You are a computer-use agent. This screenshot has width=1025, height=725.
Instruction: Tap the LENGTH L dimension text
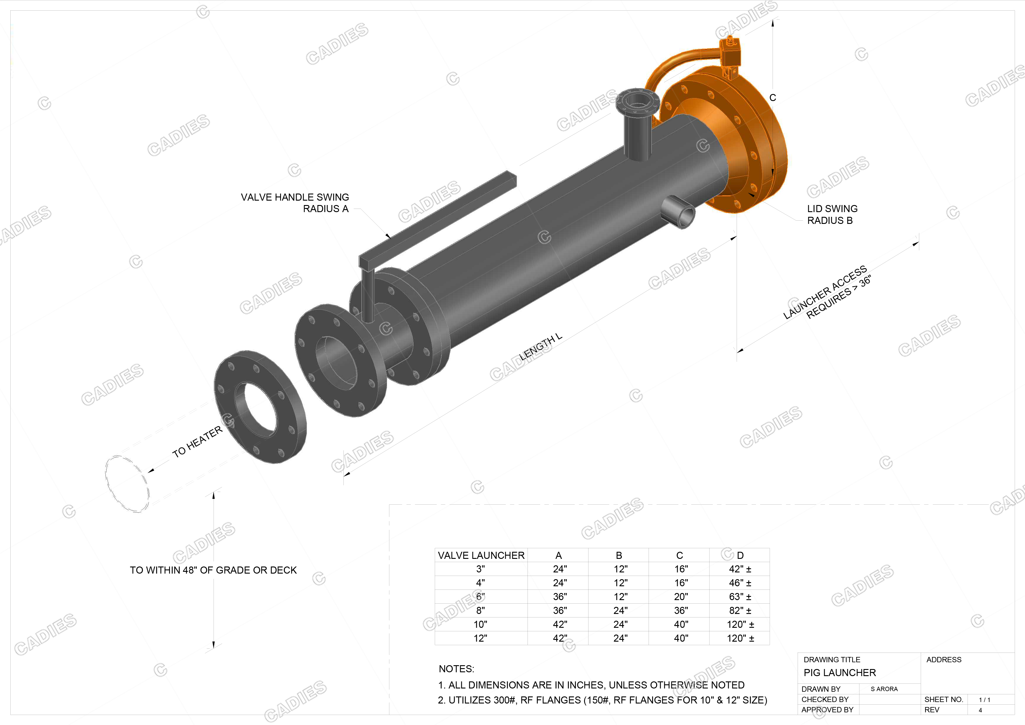[x=540, y=347]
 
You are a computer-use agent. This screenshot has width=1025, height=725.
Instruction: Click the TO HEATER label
[x=197, y=442]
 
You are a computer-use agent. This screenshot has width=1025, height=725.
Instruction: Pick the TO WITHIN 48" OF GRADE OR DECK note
[x=213, y=570]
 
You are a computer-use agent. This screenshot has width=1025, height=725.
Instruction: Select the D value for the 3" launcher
[x=740, y=569]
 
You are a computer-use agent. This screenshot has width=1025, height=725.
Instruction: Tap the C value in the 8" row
[x=680, y=610]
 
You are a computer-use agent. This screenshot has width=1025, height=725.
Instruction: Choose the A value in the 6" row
[x=559, y=597]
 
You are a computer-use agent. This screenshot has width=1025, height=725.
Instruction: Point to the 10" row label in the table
[x=480, y=624]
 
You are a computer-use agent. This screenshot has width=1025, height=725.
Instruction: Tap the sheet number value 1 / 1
[x=984, y=700]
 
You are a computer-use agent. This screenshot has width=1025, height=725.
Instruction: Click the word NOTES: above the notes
[x=456, y=669]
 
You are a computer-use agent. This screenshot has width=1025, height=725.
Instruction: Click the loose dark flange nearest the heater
[x=260, y=406]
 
